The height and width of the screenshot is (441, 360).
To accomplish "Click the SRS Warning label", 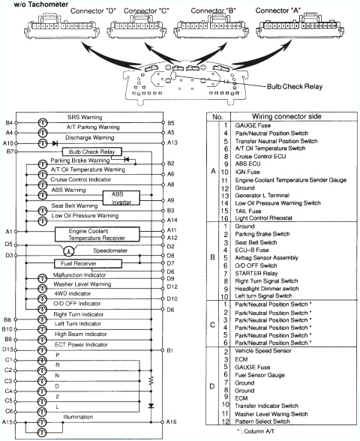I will pos(94,121).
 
